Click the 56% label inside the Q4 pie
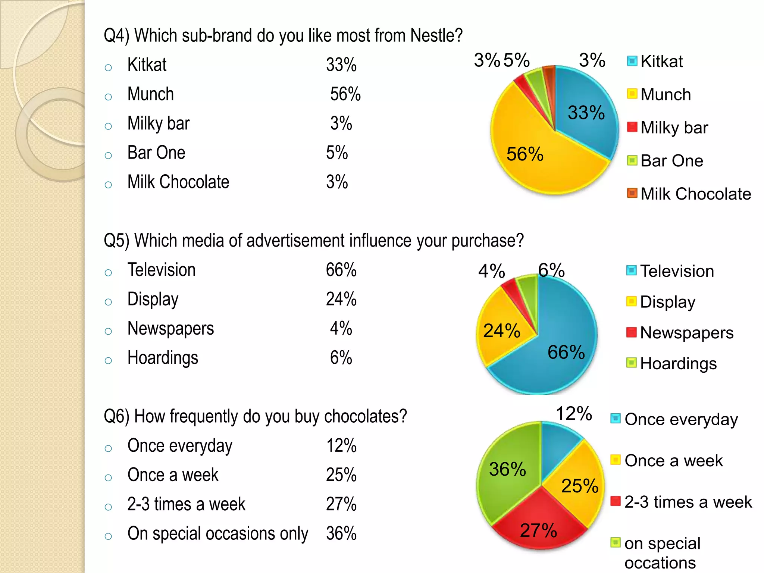coord(525,154)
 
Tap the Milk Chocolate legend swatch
coord(632,193)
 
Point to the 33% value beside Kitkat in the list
coord(341,65)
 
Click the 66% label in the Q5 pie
coord(566,352)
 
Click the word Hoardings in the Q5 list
coord(163,358)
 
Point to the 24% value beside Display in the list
coord(341,299)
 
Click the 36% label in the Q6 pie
coord(507,469)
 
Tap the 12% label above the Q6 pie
coord(574,413)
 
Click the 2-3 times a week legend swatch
coord(616,501)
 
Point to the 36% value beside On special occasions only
coord(341,533)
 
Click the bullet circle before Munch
coord(109,97)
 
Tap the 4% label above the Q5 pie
coord(491,271)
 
